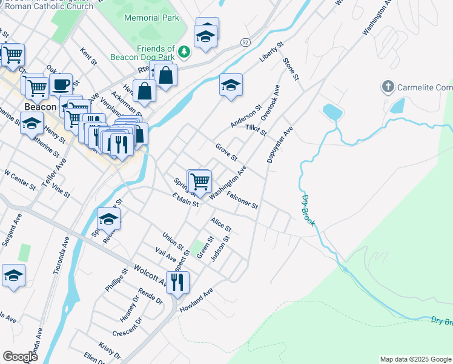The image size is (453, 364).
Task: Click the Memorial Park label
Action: (151, 18)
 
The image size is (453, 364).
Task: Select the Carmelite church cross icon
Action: (388, 87)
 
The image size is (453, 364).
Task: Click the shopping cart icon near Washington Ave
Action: (199, 180)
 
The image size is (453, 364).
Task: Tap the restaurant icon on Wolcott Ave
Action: (177, 281)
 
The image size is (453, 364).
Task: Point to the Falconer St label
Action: (242, 201)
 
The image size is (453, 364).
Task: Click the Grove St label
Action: (226, 152)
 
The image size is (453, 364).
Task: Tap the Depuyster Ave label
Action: (280, 145)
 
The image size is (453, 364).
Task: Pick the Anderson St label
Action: (246, 116)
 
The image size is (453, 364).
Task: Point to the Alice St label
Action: (220, 224)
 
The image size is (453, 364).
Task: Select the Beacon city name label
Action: (40, 107)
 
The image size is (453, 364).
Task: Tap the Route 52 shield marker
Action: (245, 42)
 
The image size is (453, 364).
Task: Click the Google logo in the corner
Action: (20, 356)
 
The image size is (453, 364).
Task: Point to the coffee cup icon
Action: (61, 84)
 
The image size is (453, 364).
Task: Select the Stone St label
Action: (291, 69)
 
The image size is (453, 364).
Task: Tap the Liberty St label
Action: (271, 52)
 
